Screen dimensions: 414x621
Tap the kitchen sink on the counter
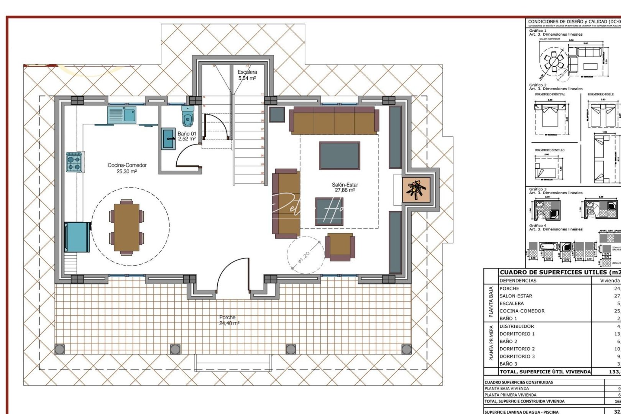[x=122, y=115]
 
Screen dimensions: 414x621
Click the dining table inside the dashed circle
[x=127, y=227]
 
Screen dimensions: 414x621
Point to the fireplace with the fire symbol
[x=416, y=189]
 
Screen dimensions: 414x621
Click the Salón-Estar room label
[x=345, y=187]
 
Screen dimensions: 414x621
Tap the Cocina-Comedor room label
[x=127, y=168]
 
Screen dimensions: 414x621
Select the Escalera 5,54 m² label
[x=247, y=75]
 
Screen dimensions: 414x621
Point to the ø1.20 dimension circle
[x=306, y=255]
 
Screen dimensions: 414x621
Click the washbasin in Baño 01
[x=168, y=139]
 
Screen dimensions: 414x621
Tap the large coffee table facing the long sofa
[x=340, y=156]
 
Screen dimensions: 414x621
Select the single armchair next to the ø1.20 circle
[x=340, y=246]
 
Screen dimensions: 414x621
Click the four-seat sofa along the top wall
[x=333, y=120]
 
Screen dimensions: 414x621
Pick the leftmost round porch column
[x=59, y=349]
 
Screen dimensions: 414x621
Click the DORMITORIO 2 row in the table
[x=517, y=349]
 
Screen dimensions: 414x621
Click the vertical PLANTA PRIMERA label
[x=491, y=343]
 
